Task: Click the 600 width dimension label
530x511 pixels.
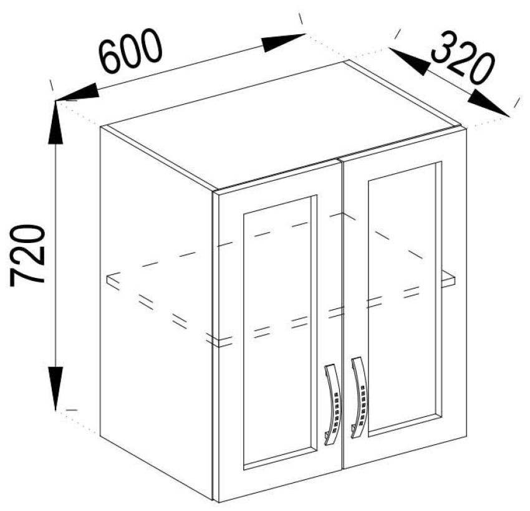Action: click(132, 50)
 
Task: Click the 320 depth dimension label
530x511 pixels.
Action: click(463, 57)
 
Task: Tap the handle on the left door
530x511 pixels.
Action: click(333, 405)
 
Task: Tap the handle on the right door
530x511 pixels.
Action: click(360, 398)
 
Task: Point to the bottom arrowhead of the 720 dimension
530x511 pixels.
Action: click(55, 388)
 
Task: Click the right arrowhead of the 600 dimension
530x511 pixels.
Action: click(283, 42)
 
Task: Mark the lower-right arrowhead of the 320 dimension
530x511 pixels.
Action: click(489, 103)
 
